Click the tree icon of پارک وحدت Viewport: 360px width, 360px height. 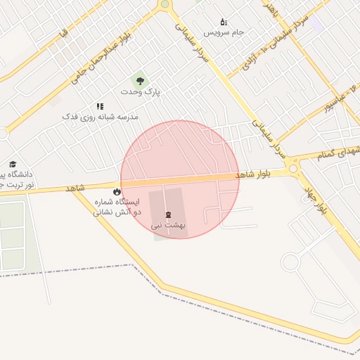coord(140,81)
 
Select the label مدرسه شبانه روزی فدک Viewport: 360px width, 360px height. coord(101,116)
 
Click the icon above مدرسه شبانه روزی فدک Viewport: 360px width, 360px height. coord(100,105)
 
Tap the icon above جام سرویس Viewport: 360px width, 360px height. coord(224,22)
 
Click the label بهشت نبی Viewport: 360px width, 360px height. coord(167,226)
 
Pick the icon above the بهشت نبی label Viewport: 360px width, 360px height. coord(167,214)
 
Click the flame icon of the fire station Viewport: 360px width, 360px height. coord(117,191)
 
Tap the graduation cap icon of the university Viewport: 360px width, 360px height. coord(11,163)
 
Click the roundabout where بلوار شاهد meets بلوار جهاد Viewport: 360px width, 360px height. coord(293,169)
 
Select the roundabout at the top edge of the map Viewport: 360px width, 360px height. coord(165,4)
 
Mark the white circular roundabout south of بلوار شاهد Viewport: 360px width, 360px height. coord(290,262)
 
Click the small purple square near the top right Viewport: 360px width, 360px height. coord(316,24)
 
